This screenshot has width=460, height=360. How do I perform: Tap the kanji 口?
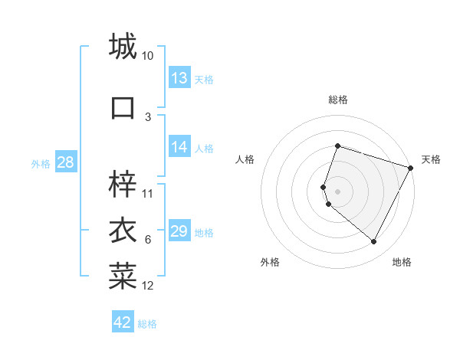(123, 106)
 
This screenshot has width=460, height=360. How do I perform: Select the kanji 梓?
(123, 183)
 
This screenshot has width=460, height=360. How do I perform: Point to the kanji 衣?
(123, 231)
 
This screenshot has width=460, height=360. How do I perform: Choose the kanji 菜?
(123, 277)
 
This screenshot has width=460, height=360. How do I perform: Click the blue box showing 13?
(179, 78)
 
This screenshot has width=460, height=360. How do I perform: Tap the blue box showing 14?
(179, 147)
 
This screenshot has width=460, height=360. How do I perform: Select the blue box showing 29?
(179, 231)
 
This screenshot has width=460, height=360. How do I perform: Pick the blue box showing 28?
(65, 162)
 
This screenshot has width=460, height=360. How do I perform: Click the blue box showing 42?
(123, 322)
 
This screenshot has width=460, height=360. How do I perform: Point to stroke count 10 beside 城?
(148, 56)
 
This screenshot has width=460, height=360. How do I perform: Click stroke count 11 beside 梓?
(148, 193)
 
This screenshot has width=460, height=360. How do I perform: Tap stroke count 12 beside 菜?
(148, 286)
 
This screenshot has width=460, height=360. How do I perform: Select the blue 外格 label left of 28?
(41, 163)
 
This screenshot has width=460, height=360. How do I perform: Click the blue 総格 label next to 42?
(147, 324)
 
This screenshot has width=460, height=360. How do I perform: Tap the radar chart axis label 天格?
(431, 159)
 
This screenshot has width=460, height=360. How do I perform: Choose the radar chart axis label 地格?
(402, 262)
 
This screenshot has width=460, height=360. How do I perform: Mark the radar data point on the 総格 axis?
(337, 146)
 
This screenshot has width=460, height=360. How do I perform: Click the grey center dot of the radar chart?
(337, 191)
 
